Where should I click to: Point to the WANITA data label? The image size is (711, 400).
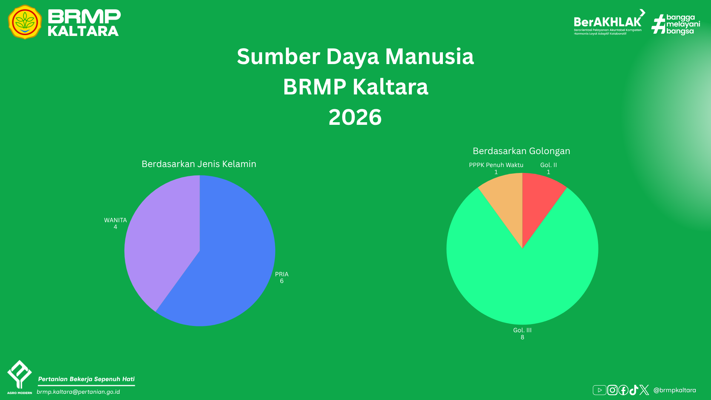point(116,223)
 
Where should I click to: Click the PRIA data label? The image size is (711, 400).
point(282,277)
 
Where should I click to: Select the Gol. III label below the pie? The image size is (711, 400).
point(522,333)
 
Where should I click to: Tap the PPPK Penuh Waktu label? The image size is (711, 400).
point(496,168)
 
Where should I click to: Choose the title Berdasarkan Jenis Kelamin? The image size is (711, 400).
point(199,164)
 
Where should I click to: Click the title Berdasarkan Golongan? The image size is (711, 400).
point(521,151)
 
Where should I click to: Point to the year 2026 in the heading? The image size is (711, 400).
point(355,117)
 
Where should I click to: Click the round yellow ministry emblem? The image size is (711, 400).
point(25,22)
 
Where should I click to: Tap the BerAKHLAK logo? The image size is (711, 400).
point(610,22)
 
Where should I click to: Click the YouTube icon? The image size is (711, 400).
point(600,390)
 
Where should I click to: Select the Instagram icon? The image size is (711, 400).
point(612,390)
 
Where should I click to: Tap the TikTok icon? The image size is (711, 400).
point(634,390)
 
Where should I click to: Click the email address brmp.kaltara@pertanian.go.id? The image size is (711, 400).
point(78,392)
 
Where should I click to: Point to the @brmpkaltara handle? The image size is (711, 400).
point(675,390)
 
